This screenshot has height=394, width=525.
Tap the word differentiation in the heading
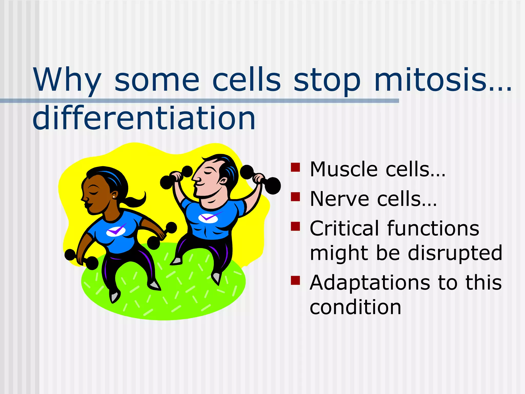tap(144, 119)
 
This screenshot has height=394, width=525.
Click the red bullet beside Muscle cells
tap(295, 167)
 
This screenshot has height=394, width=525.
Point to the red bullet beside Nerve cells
tap(295, 197)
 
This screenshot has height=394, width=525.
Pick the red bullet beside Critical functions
tap(295, 226)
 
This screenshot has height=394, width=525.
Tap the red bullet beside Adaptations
tap(295, 280)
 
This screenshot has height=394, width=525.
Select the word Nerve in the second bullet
tap(339, 199)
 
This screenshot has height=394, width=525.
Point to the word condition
tap(355, 308)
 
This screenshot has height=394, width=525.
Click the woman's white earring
tap(114, 197)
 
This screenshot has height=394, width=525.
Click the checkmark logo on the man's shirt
tap(208, 218)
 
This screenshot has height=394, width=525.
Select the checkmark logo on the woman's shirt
tap(116, 231)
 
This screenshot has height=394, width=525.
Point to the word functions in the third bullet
tap(433, 229)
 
